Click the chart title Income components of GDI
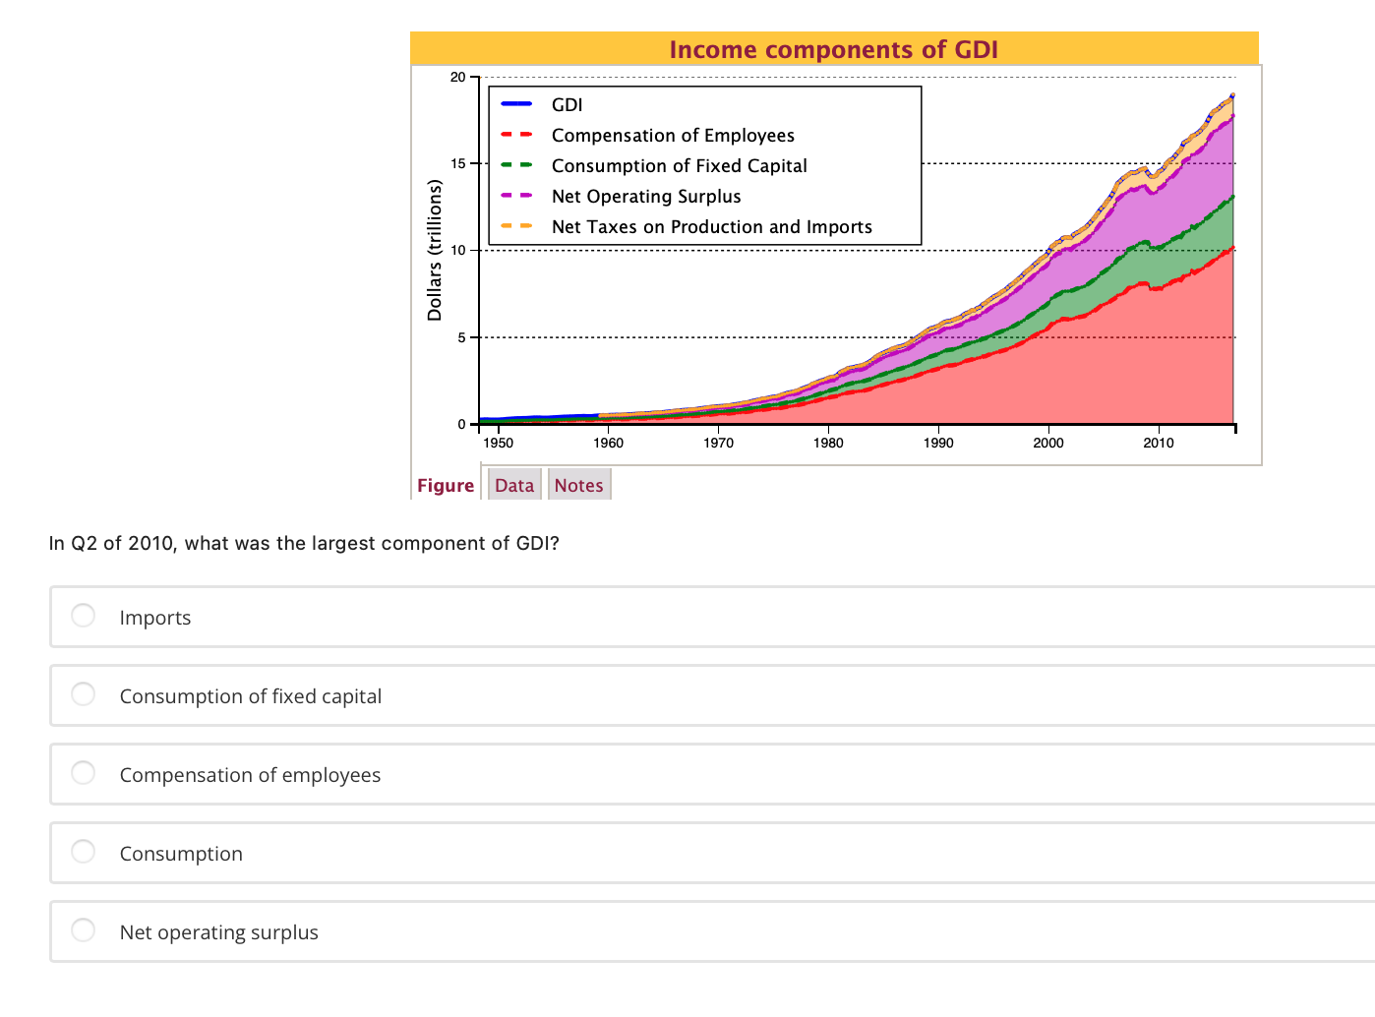pyautogui.click(x=833, y=49)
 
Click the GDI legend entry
pyautogui.click(x=567, y=105)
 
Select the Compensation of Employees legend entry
pyautogui.click(x=672, y=136)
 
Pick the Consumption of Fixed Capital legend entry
pyautogui.click(x=679, y=166)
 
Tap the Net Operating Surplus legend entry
pyautogui.click(x=645, y=197)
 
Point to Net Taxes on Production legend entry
pyautogui.click(x=711, y=227)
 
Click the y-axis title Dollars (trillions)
pyautogui.click(x=434, y=250)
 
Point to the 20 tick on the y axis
pyautogui.click(x=457, y=78)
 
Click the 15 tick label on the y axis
pyautogui.click(x=457, y=164)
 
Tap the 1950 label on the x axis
pyautogui.click(x=499, y=443)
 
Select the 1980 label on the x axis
pyautogui.click(x=828, y=443)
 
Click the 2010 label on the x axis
pyautogui.click(x=1158, y=443)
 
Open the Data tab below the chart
pyautogui.click(x=514, y=485)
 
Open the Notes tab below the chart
pyautogui.click(x=578, y=485)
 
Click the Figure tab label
pyautogui.click(x=446, y=485)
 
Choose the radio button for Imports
pyautogui.click(x=84, y=616)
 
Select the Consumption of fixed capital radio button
pyautogui.click(x=84, y=694)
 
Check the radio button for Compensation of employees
pyautogui.click(x=84, y=773)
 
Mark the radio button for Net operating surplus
pyautogui.click(x=84, y=930)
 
